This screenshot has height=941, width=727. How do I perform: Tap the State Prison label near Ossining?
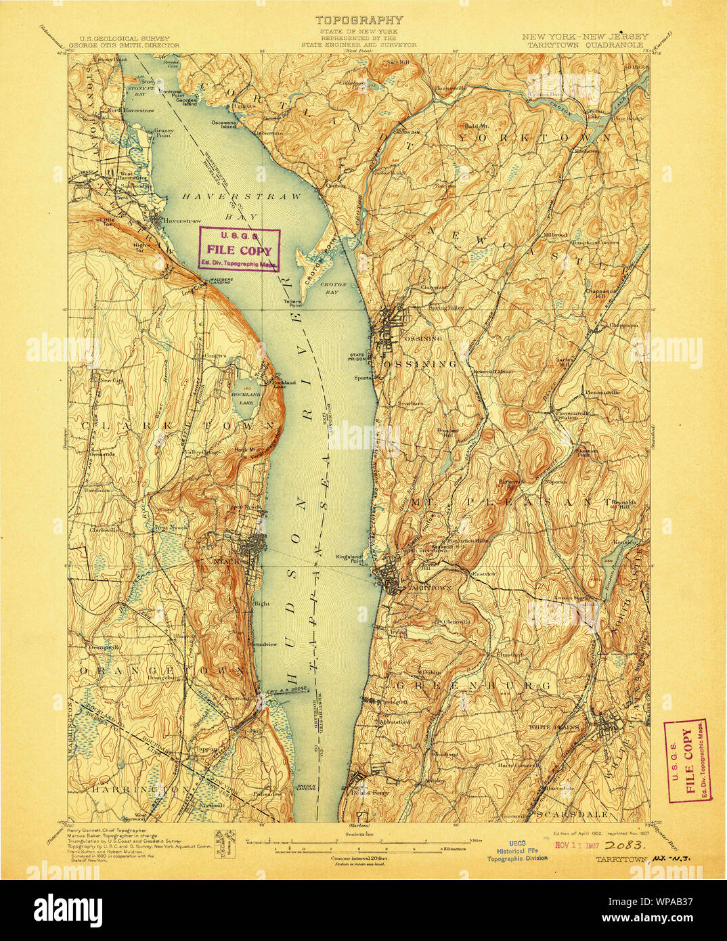tap(357, 357)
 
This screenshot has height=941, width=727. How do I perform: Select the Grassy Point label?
tap(164, 135)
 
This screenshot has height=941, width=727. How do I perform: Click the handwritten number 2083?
tap(625, 846)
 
